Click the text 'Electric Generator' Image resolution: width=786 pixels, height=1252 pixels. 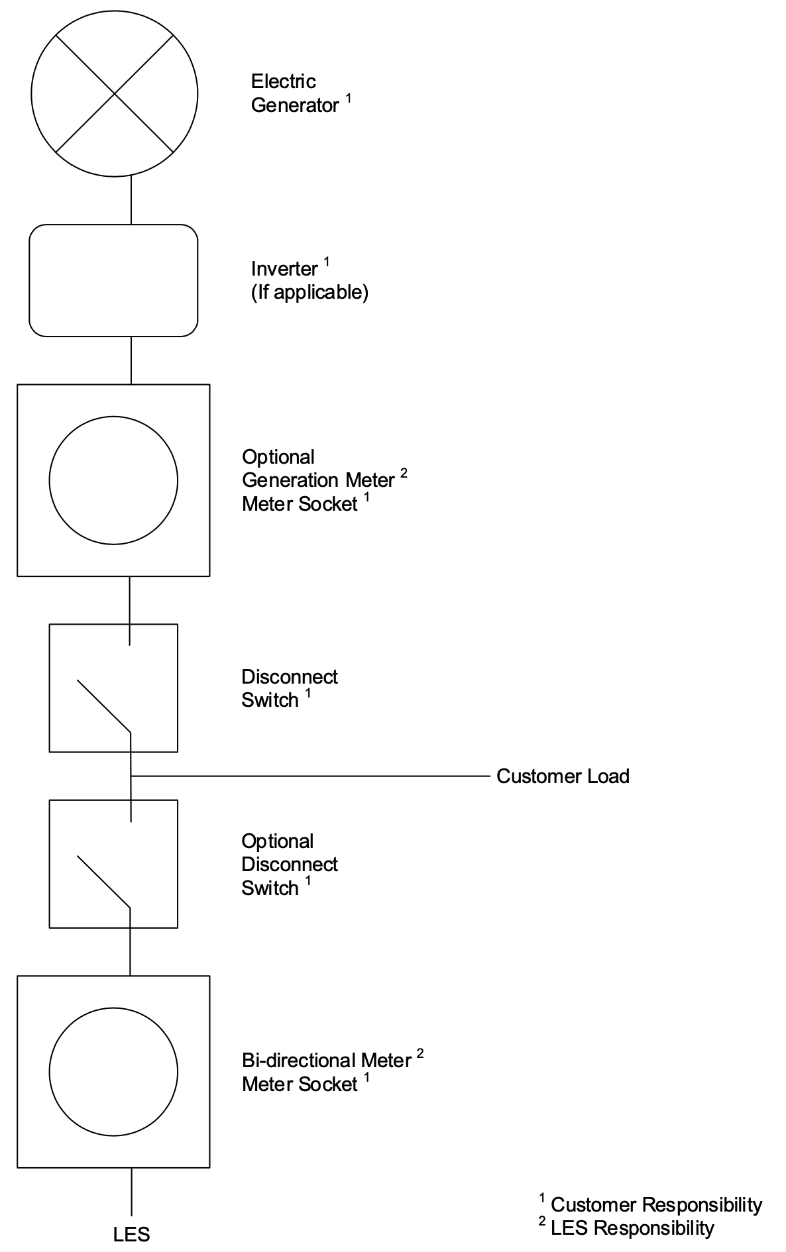point(295,93)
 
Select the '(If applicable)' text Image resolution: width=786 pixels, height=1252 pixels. point(309,292)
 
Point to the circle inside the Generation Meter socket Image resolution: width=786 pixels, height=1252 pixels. point(113,416)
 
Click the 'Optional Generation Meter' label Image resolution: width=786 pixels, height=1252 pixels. point(319,468)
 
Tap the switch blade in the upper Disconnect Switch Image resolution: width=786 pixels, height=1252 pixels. point(104,706)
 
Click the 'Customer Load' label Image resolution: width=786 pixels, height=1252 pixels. point(563,776)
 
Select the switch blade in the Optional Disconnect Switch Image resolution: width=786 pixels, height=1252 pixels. point(104,882)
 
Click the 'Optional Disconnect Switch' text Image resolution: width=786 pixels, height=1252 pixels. point(290,864)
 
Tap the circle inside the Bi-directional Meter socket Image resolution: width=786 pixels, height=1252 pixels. point(113,1008)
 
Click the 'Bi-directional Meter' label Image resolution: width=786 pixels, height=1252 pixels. point(327,1061)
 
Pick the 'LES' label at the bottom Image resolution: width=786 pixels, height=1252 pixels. point(132,1234)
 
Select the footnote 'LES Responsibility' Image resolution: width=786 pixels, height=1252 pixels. point(632,1227)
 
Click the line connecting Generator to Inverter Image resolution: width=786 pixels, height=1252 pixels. point(131,201)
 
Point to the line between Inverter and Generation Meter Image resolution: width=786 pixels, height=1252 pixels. point(131,360)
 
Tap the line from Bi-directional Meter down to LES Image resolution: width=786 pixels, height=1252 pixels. point(131,1191)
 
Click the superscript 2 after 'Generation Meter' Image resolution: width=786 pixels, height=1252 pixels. point(404,474)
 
